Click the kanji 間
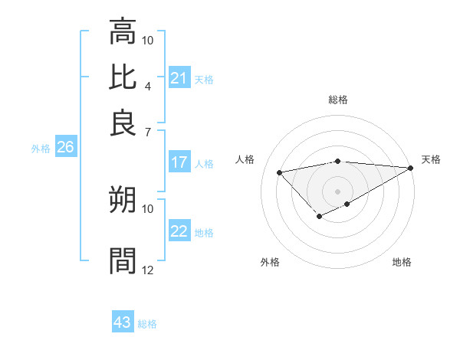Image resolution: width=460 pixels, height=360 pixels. (123, 260)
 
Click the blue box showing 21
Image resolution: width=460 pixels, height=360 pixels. (179, 78)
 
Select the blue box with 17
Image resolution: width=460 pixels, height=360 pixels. (179, 162)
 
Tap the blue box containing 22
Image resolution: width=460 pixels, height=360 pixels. (179, 231)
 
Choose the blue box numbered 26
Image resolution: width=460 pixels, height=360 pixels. (65, 148)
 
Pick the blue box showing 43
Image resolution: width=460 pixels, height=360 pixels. (123, 322)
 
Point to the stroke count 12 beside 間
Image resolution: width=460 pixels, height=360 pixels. (148, 269)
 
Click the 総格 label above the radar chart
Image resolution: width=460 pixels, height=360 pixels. (337, 100)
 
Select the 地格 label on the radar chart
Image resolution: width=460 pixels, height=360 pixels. (402, 262)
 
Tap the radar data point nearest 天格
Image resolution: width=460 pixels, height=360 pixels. (411, 169)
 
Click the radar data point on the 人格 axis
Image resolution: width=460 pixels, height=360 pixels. (279, 172)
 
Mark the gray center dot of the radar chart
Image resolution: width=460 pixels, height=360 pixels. (337, 191)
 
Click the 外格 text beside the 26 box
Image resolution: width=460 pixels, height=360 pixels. (41, 149)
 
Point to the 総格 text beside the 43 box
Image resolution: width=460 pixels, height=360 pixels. (147, 324)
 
